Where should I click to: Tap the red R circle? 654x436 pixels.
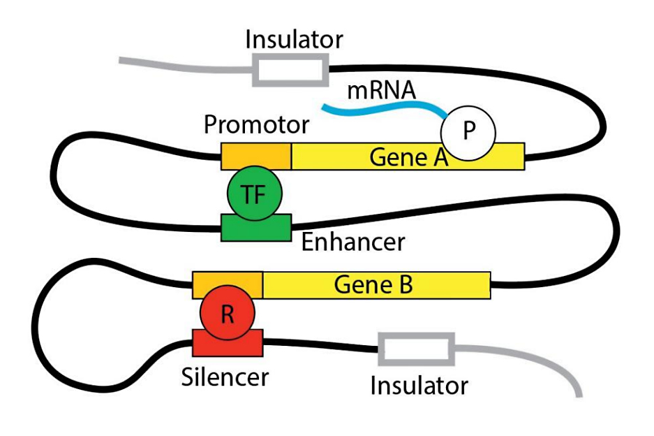pos(227,314)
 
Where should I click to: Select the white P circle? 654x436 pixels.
pos(468,131)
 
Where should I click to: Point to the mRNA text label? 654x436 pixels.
pos(382,90)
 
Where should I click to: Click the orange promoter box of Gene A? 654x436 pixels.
pos(256,156)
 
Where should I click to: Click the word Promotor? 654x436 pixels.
pos(256,125)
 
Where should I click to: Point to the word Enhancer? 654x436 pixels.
pos(352,242)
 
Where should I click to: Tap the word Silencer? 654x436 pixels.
pos(225,377)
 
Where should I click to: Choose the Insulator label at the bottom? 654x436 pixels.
pos(419,385)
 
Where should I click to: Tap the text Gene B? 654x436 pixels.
pos(373,285)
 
